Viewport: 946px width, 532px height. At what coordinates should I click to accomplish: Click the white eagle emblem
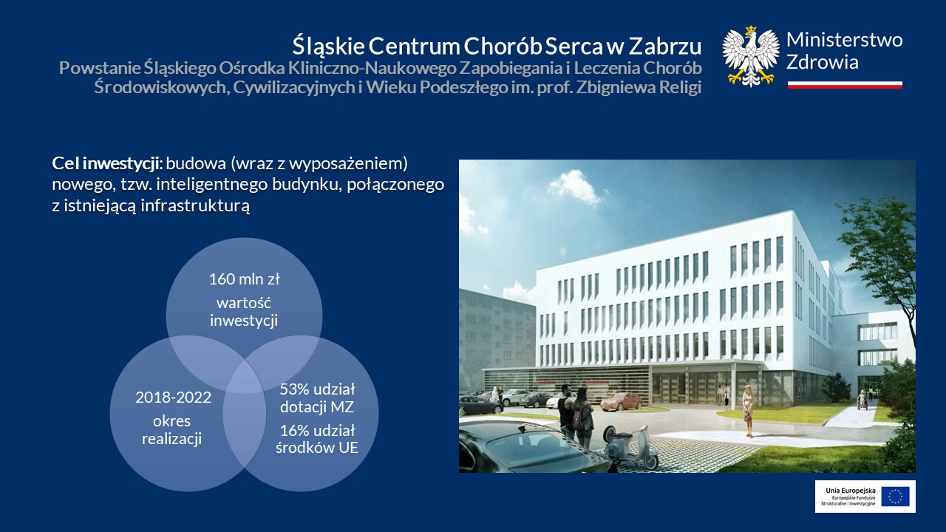750,56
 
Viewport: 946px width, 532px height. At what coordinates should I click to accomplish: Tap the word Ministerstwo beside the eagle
844,40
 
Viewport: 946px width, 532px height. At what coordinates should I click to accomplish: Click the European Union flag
895,496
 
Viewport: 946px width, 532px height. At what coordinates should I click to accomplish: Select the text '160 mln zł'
244,279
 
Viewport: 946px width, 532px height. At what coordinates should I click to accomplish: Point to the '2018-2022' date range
173,398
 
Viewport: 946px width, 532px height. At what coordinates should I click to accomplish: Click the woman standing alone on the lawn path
748,411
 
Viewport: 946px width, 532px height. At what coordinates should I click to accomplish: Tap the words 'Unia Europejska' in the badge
851,491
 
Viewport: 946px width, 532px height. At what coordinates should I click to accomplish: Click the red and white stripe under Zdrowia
845,85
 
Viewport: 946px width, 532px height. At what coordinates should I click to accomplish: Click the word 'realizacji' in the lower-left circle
172,439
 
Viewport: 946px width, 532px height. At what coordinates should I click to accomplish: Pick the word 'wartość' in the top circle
244,303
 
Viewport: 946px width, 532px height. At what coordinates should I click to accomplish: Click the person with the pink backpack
582,417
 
